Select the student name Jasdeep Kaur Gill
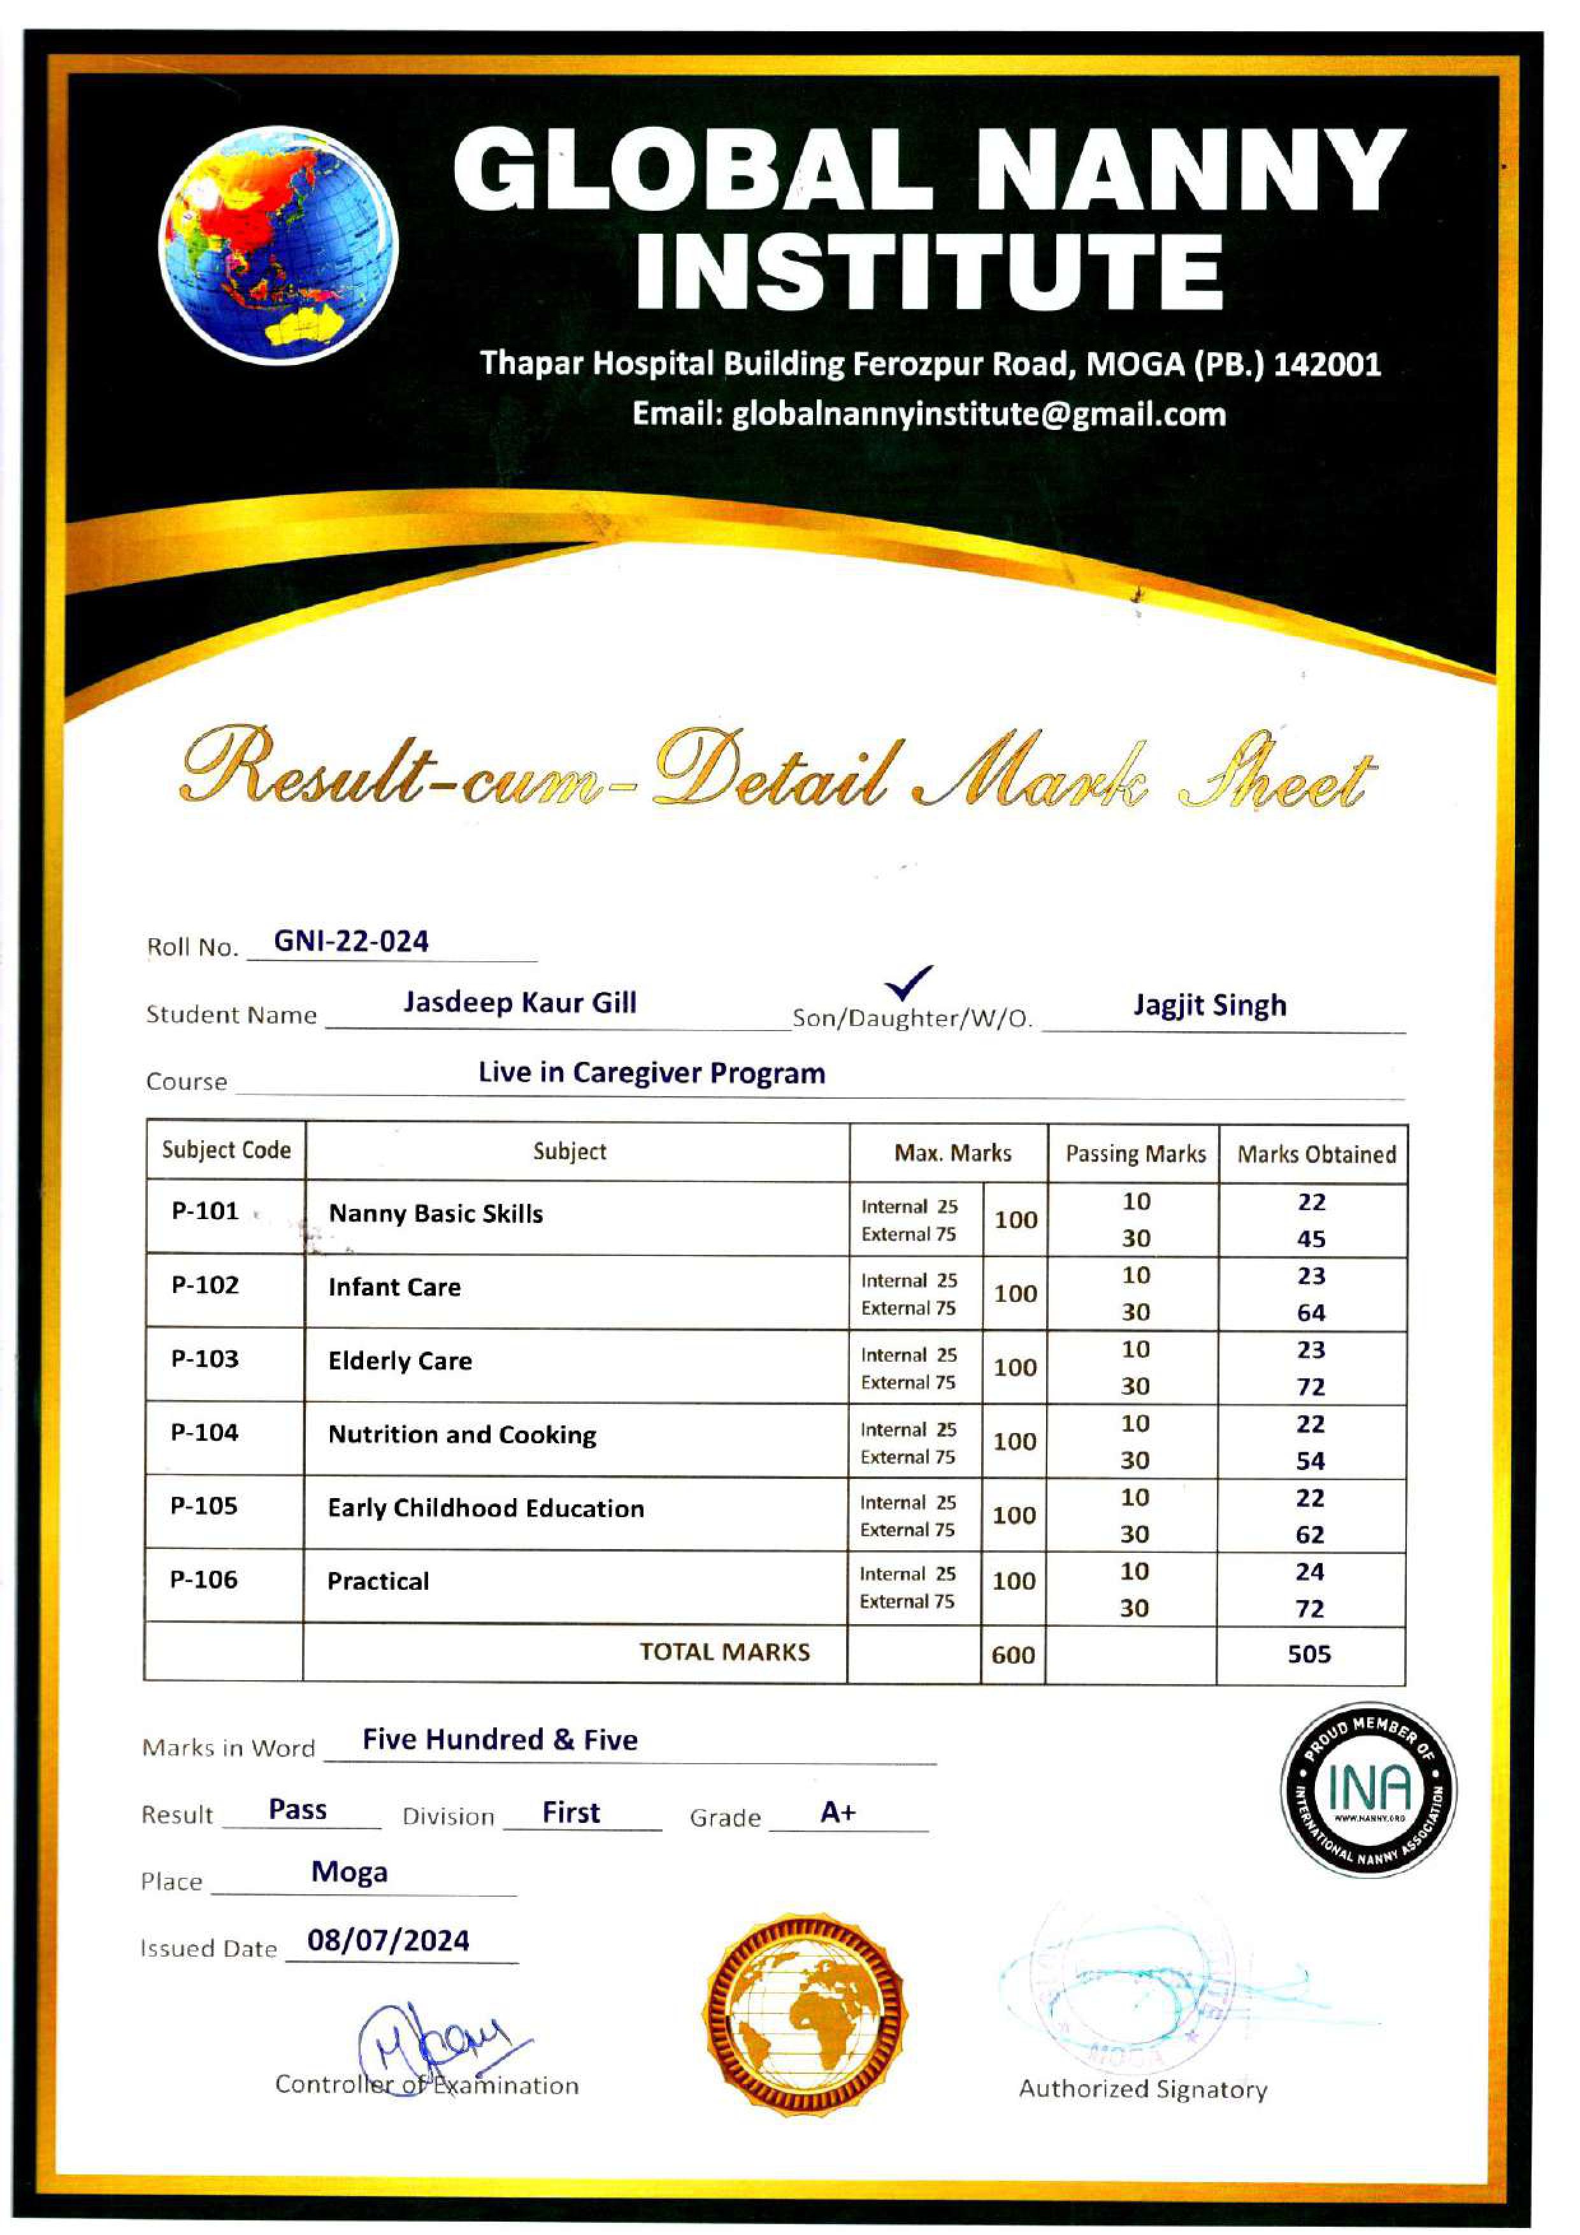pos(520,1003)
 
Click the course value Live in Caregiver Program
pos(651,1073)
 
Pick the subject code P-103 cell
pos(205,1359)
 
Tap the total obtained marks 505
pos(1309,1654)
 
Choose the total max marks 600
pos(1012,1655)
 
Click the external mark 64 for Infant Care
pos(1311,1313)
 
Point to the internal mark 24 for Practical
pos(1311,1572)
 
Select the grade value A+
pos(837,1813)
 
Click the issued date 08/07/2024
pos(389,1941)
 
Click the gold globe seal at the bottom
pos(804,2013)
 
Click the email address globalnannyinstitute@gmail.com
pos(930,415)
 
